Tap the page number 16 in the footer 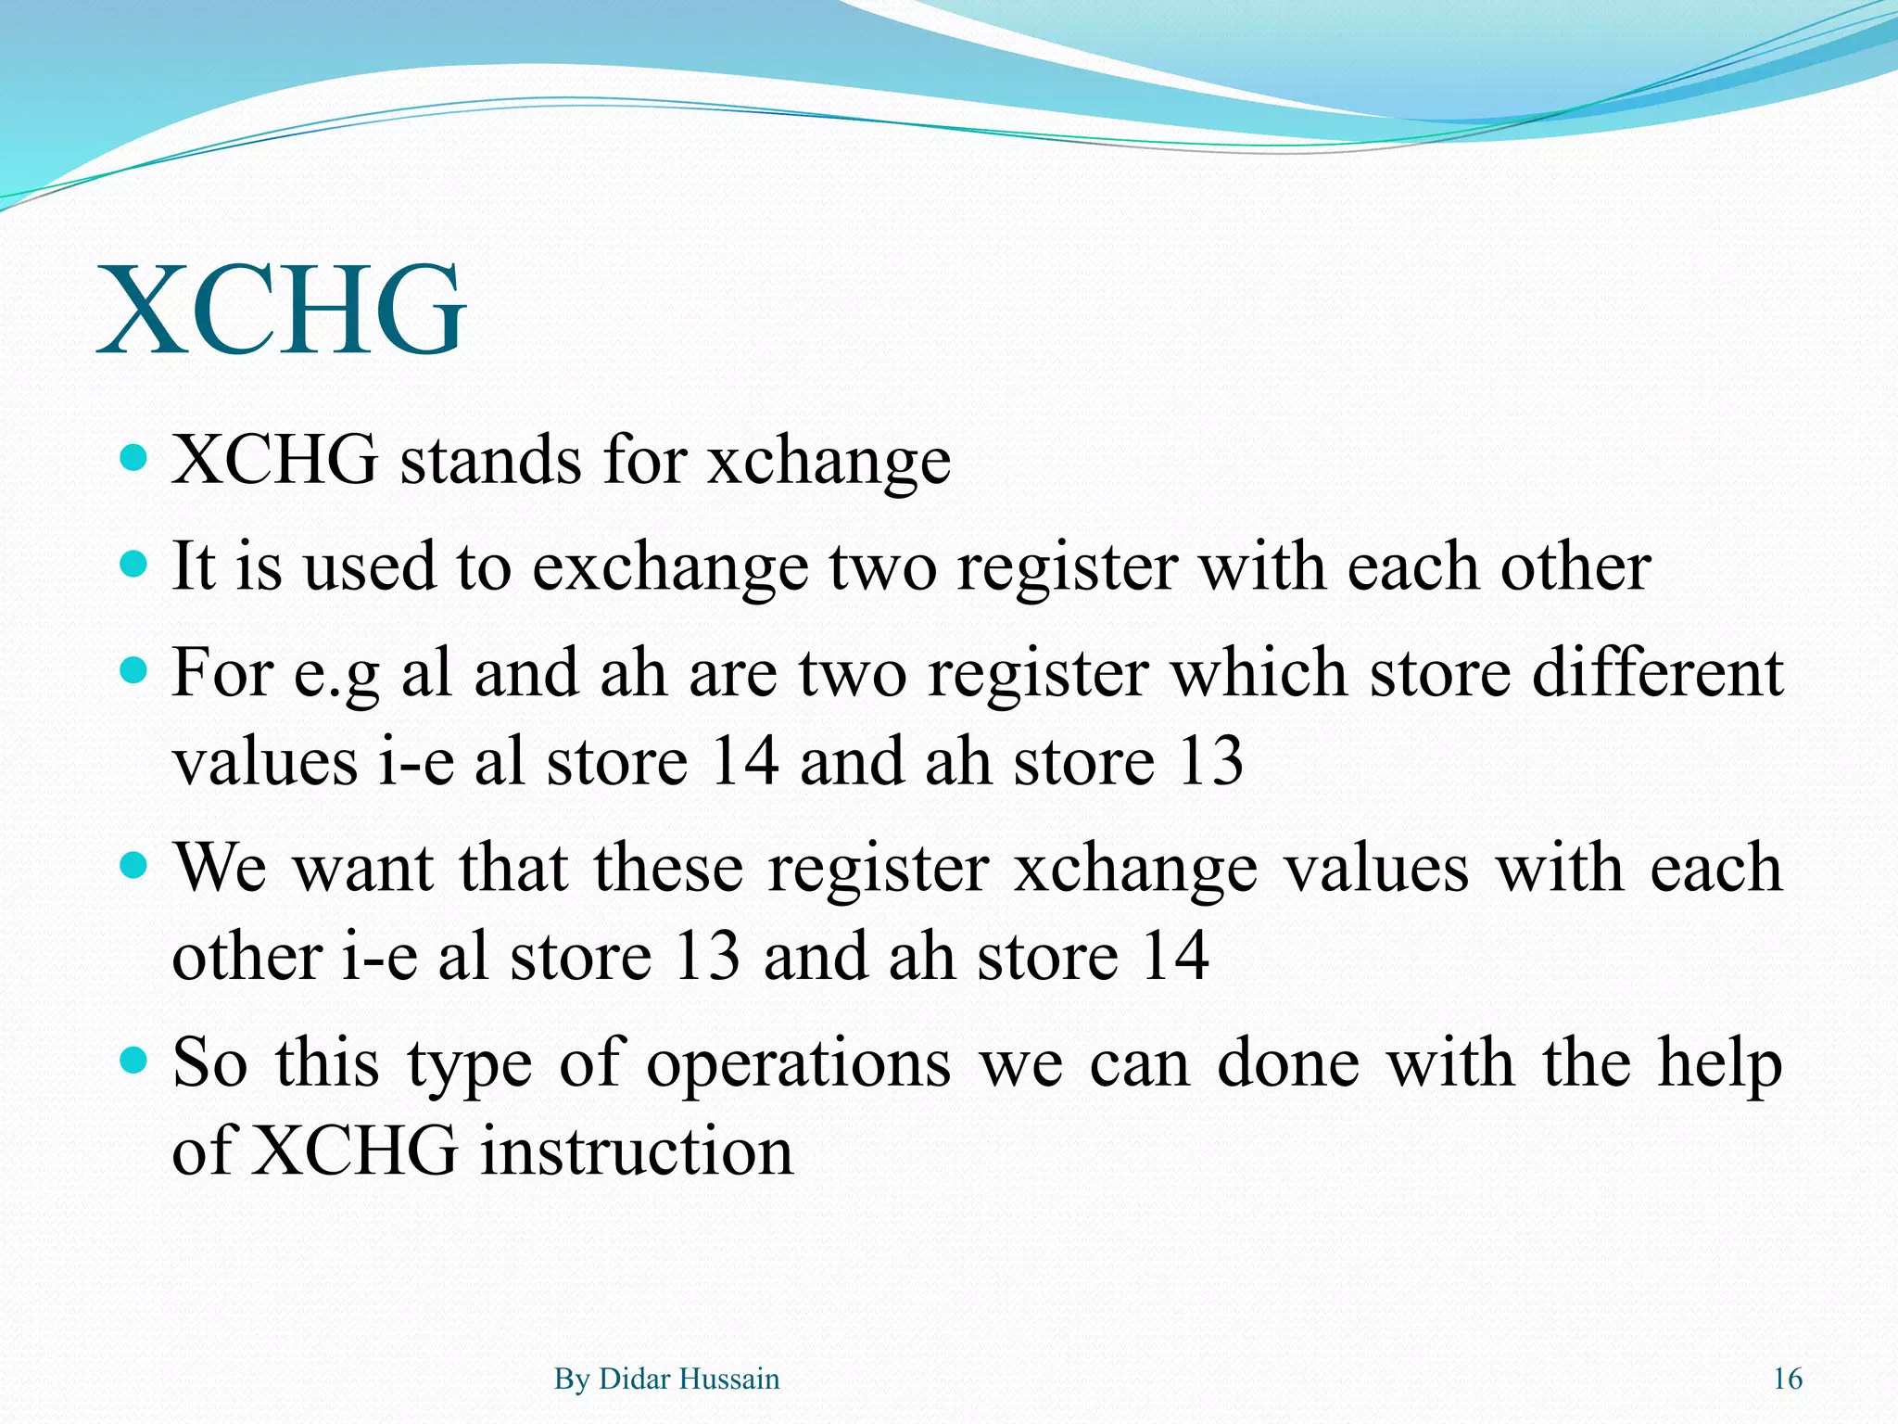(x=1788, y=1379)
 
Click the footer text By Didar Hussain (x=666, y=1379)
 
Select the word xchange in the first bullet (x=829, y=461)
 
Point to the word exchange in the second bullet (x=669, y=567)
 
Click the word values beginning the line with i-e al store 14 (x=266, y=762)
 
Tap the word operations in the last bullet (x=798, y=1062)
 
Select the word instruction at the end (x=637, y=1151)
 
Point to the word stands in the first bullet (x=490, y=461)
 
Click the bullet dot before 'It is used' (x=135, y=564)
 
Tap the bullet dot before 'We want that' (x=135, y=865)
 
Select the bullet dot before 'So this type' (x=135, y=1059)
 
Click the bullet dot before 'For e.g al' (x=135, y=669)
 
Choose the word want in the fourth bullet (x=363, y=869)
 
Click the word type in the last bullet (x=470, y=1064)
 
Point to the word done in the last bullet (x=1288, y=1062)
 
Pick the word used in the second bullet (x=369, y=567)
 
